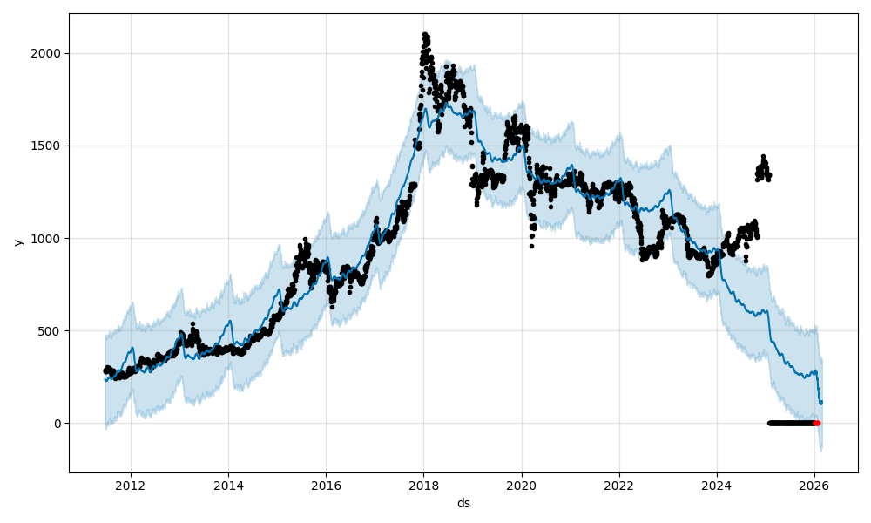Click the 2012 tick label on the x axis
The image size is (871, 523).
[x=131, y=486]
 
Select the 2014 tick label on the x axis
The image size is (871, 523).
[x=228, y=486]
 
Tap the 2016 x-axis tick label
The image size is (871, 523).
[x=326, y=486]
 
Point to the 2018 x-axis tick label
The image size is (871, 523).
[x=423, y=486]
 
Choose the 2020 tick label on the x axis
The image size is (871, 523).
[x=521, y=486]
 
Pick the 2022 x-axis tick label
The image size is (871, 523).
[x=619, y=486]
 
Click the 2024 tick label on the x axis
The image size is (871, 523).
[x=717, y=486]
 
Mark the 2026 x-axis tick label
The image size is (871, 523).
[x=814, y=486]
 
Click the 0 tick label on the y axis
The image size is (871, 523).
[x=57, y=424]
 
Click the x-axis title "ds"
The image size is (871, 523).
[x=463, y=503]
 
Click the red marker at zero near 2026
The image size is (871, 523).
[x=817, y=423]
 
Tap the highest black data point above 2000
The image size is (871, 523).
[x=424, y=35]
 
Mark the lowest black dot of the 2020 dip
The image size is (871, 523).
[x=531, y=246]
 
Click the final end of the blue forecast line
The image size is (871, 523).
[x=820, y=403]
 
